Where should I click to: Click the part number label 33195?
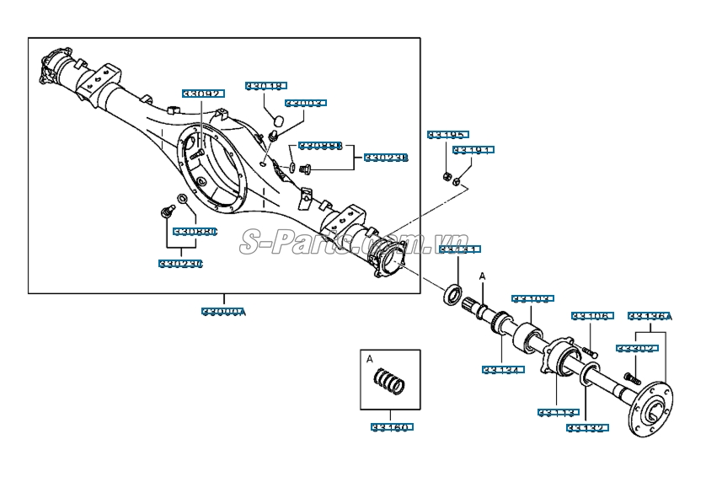[x=447, y=135]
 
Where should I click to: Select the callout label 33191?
[x=473, y=150]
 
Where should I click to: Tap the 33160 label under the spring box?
[x=389, y=427]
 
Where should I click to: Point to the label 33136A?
[x=650, y=317]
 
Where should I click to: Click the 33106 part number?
[x=590, y=317]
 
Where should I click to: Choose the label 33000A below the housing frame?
[x=224, y=312]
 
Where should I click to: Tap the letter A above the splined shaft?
[x=483, y=276]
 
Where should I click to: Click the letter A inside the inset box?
[x=369, y=358]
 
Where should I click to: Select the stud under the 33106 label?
[x=586, y=347]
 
